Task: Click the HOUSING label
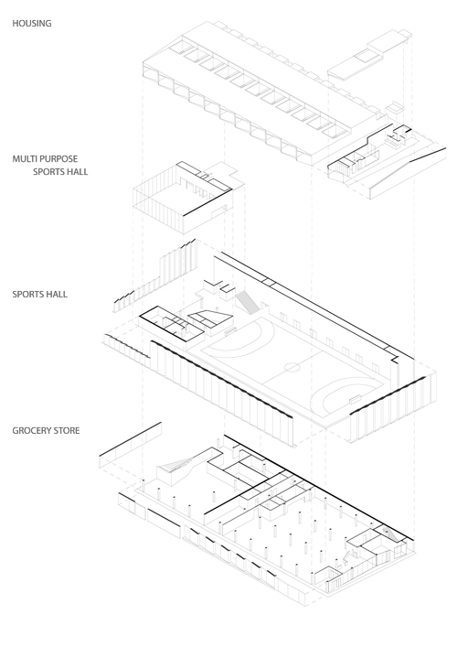click(32, 24)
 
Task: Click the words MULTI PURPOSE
click(45, 159)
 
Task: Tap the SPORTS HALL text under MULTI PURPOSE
click(60, 172)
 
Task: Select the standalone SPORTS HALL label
click(39, 294)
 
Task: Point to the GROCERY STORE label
click(46, 430)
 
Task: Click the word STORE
click(66, 430)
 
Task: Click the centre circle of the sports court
click(292, 367)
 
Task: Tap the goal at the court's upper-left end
click(230, 330)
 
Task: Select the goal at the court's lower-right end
click(356, 399)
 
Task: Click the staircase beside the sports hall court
click(248, 301)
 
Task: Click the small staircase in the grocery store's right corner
click(392, 534)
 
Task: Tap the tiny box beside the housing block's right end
click(394, 109)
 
